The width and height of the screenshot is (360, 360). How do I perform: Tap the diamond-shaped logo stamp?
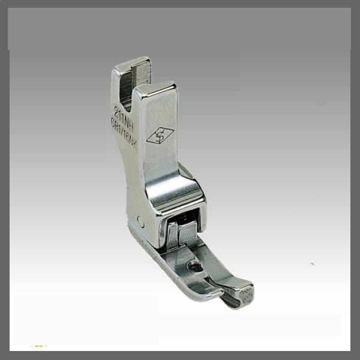tap(160, 136)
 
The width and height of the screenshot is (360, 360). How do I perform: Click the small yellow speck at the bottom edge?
tap(40, 346)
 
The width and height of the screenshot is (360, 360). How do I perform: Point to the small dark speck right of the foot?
tap(311, 264)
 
